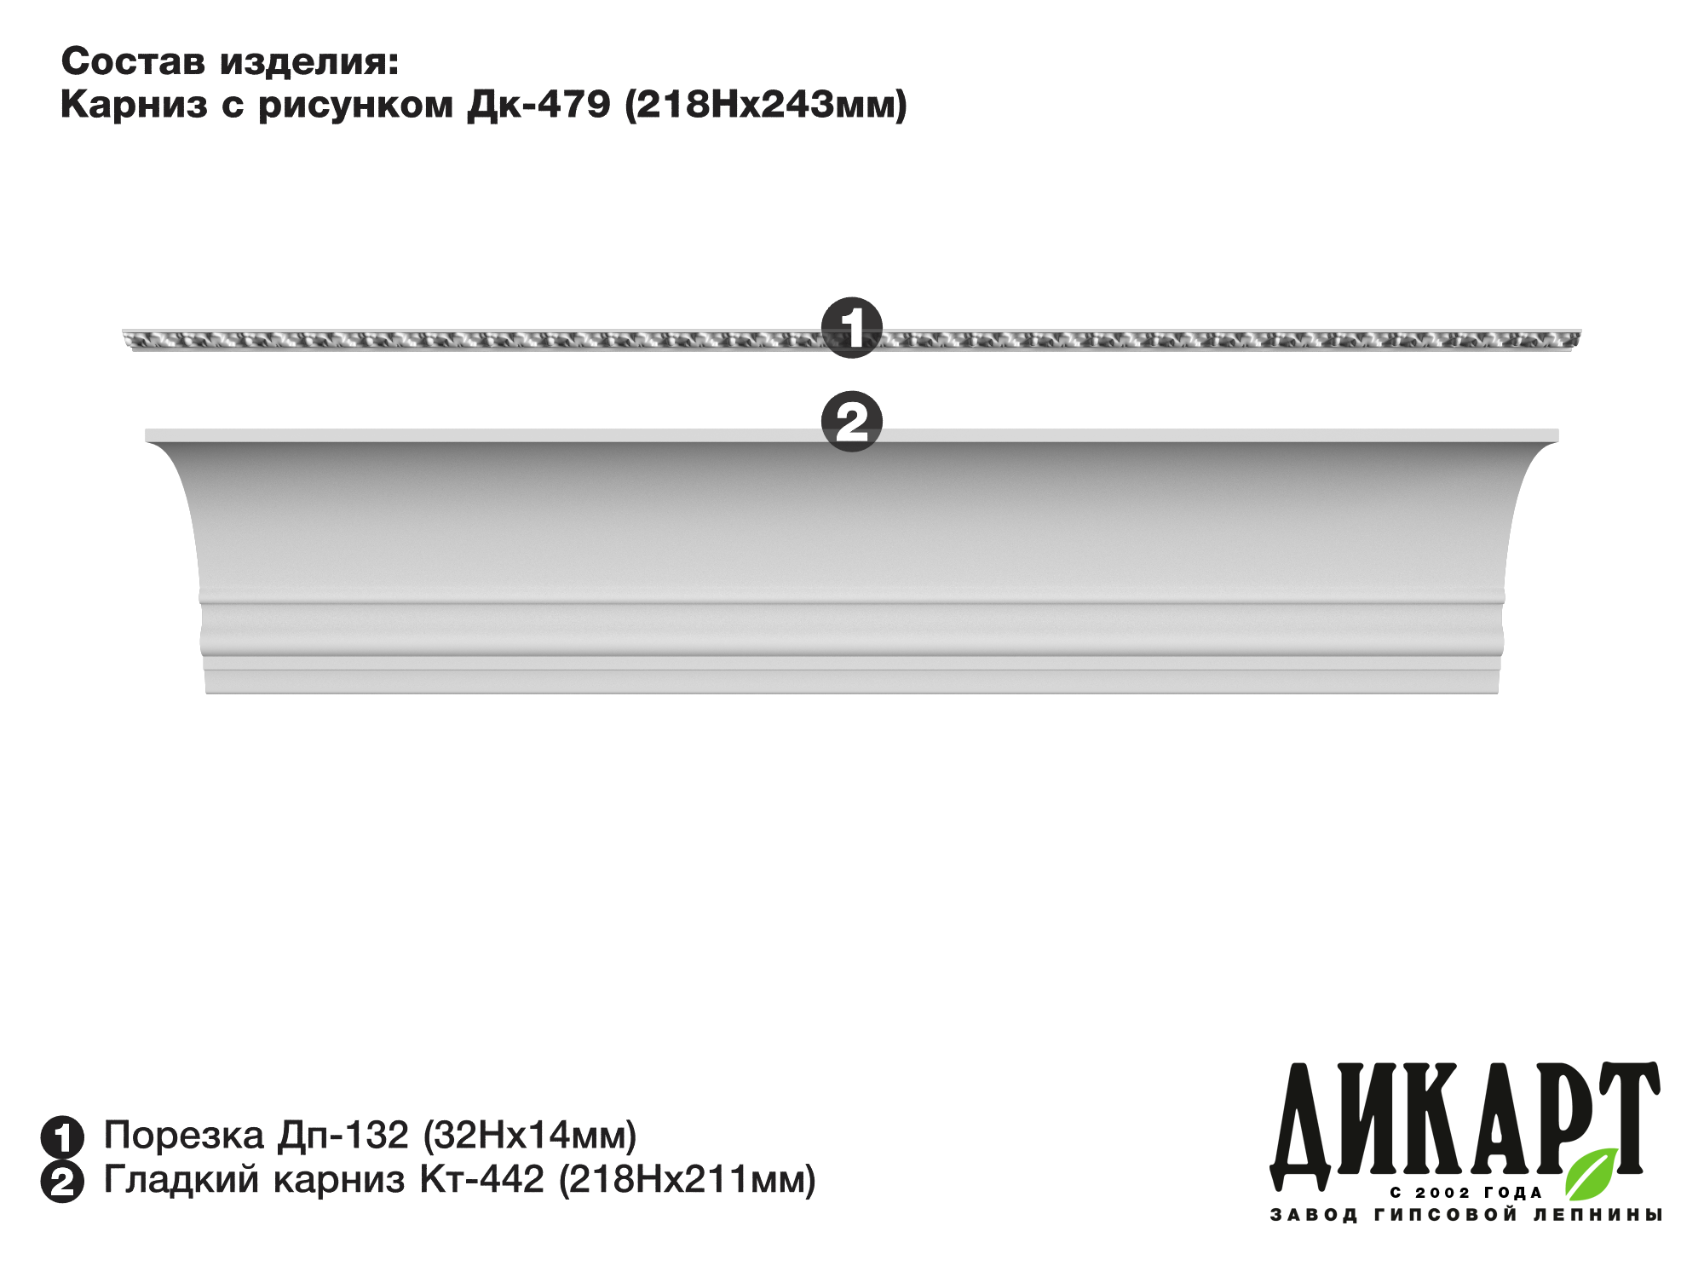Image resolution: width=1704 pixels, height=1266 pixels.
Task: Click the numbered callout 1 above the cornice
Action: click(x=851, y=328)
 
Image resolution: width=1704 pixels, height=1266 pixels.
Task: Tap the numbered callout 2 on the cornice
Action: click(x=851, y=422)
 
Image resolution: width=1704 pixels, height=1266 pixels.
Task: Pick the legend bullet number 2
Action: click(x=62, y=1182)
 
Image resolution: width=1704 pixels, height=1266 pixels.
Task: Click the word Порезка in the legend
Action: click(x=184, y=1136)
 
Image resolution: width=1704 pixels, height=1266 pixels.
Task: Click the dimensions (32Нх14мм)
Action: click(x=530, y=1136)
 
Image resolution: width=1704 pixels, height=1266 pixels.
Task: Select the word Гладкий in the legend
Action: click(x=181, y=1180)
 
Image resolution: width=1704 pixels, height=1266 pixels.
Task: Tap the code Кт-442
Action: click(x=481, y=1180)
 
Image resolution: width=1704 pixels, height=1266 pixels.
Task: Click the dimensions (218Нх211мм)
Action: click(x=688, y=1180)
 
